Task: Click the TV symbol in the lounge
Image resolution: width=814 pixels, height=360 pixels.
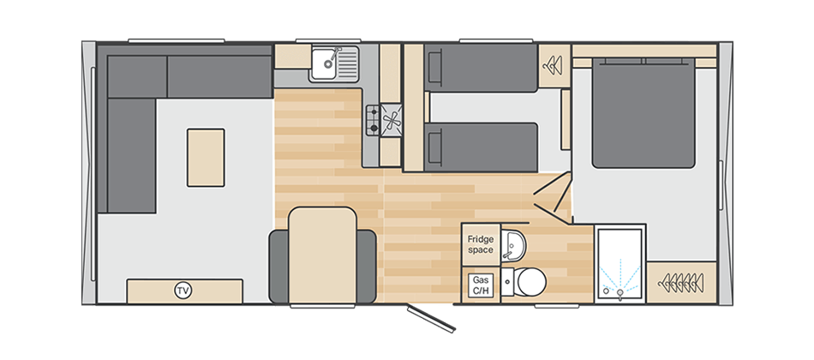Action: click(x=183, y=291)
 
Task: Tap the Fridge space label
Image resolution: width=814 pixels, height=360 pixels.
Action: click(x=480, y=243)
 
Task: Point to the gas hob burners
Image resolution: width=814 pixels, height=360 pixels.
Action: click(x=374, y=119)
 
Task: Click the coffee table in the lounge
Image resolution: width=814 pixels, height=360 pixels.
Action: click(x=206, y=158)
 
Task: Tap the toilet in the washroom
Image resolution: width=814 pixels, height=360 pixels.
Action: click(x=525, y=280)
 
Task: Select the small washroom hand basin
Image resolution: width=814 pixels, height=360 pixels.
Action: click(x=513, y=243)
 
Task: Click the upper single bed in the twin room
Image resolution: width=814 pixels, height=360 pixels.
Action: click(x=482, y=69)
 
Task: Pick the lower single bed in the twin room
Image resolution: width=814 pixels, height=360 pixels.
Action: click(x=482, y=147)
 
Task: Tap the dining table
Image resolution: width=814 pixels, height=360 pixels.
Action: click(x=321, y=255)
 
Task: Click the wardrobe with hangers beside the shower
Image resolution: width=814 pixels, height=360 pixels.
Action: click(x=682, y=280)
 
